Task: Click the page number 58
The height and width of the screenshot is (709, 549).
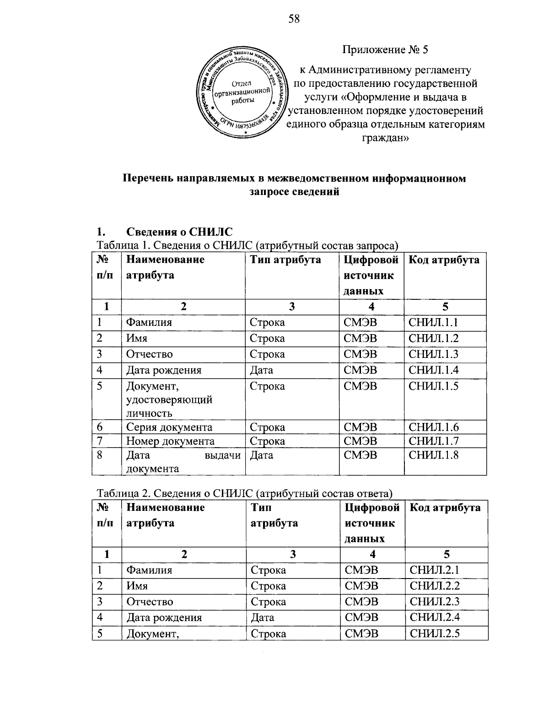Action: tap(293, 19)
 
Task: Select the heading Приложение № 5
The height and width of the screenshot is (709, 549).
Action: tap(385, 50)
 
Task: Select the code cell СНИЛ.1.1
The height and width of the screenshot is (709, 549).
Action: tap(433, 323)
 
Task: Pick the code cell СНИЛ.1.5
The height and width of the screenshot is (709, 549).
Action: tap(433, 386)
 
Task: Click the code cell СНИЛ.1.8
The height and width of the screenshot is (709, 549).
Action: tap(433, 455)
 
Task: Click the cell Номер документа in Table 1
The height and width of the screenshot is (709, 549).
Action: tap(170, 441)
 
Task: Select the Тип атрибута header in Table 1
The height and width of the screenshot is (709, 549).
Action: tap(285, 260)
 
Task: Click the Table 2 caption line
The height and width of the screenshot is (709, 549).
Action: tap(245, 493)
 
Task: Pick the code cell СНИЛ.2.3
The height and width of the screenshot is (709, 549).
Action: tap(435, 602)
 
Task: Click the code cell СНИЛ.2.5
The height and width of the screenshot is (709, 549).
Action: tap(435, 634)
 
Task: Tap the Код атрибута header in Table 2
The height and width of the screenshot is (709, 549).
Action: tap(445, 508)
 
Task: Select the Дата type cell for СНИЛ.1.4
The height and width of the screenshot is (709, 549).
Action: tap(262, 370)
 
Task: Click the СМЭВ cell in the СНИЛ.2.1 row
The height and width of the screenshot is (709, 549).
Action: tap(361, 570)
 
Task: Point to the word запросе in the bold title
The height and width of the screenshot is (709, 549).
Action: tap(270, 192)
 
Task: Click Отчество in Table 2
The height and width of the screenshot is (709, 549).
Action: tap(150, 602)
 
